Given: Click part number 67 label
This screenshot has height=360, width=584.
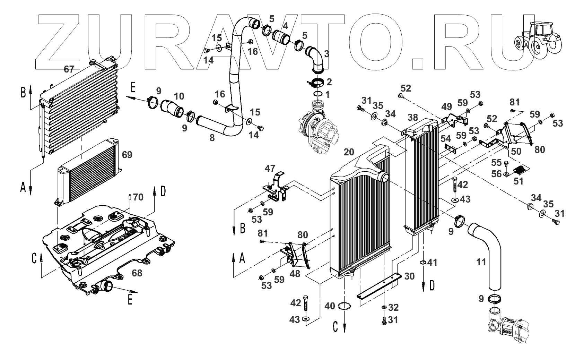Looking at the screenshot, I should tap(69, 69).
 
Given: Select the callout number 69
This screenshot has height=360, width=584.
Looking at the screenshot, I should tap(127, 155).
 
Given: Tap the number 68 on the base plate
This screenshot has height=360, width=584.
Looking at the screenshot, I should tap(137, 273).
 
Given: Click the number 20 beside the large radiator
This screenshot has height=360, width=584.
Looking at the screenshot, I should tap(349, 152).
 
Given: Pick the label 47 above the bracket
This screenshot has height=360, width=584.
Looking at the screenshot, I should tap(270, 169).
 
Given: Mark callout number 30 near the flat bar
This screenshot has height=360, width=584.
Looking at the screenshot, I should tap(409, 276).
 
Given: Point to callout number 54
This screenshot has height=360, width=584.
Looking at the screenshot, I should tap(446, 139).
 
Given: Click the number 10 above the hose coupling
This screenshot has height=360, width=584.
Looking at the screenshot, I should tap(179, 96).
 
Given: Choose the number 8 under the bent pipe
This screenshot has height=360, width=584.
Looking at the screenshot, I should tap(212, 138).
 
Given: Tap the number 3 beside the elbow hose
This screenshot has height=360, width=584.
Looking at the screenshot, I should tap(326, 54).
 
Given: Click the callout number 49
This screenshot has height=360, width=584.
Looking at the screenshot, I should tap(447, 106).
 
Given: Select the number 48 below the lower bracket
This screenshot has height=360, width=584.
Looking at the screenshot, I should tap(295, 274).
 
